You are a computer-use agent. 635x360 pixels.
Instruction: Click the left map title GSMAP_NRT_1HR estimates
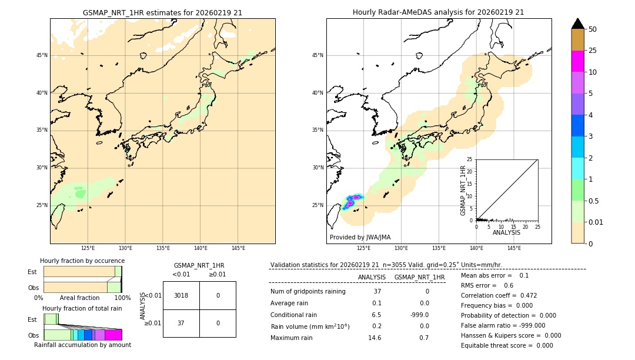162,12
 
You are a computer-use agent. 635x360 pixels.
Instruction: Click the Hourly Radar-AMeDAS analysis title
438,12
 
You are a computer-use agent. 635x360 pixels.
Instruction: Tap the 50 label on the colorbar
593,29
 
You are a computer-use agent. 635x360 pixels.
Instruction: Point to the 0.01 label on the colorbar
596,222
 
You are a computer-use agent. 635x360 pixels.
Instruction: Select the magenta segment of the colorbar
577,61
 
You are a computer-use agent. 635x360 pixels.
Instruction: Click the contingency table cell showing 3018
181,295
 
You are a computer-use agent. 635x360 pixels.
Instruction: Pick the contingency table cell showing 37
181,323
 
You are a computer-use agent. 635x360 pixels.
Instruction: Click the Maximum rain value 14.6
375,338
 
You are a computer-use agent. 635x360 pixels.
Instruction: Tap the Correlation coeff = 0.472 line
499,295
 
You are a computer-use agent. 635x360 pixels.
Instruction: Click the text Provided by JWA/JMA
360,238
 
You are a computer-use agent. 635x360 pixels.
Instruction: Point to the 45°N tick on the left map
42,55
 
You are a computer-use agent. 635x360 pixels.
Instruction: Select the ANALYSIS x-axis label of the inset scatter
506,233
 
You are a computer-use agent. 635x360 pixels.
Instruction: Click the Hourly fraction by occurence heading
82,261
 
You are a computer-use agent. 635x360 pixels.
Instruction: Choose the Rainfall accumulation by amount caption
82,345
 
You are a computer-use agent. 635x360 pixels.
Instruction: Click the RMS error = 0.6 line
487,285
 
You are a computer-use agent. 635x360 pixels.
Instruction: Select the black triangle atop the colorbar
577,24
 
